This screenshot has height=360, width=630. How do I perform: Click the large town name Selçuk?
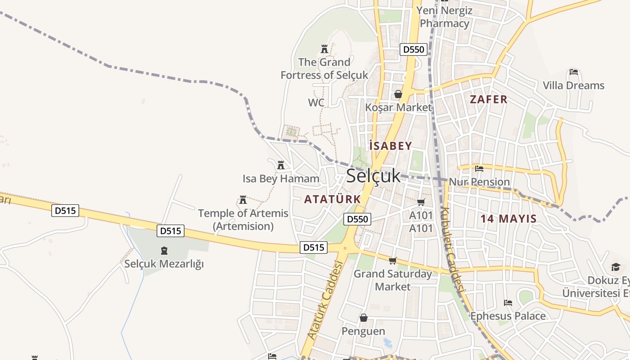(x=373, y=175)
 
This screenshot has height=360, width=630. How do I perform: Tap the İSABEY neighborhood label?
(x=390, y=146)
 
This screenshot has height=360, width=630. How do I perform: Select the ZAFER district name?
(x=489, y=99)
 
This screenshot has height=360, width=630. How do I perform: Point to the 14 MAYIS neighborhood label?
(x=508, y=219)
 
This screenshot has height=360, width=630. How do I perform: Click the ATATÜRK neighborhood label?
(x=333, y=199)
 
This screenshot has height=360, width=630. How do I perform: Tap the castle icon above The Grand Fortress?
(x=324, y=49)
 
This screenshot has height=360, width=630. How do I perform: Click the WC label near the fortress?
(x=316, y=103)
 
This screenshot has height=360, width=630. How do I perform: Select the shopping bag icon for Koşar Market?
(x=398, y=94)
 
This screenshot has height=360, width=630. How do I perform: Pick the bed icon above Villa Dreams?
(x=573, y=72)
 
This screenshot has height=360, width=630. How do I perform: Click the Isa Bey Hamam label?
(x=281, y=179)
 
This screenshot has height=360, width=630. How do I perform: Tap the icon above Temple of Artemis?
(x=243, y=199)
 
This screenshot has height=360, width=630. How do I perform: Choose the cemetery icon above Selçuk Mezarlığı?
(x=164, y=250)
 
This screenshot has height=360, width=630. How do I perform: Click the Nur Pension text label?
(x=480, y=182)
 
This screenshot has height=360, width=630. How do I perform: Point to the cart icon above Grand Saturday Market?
(x=392, y=261)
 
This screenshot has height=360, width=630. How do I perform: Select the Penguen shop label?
(x=363, y=331)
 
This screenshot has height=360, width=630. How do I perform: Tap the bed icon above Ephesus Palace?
(x=508, y=303)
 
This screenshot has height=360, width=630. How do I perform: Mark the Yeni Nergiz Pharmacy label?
(x=444, y=17)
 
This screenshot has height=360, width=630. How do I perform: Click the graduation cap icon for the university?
(x=616, y=267)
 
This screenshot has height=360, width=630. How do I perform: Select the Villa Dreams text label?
(x=573, y=85)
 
